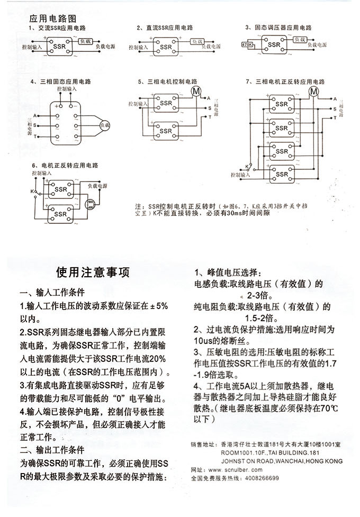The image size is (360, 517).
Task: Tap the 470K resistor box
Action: pyautogui.click(x=247, y=46)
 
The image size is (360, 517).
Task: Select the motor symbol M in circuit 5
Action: pyautogui.click(x=196, y=91)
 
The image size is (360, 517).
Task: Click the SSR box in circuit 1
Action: pyautogui.click(x=58, y=47)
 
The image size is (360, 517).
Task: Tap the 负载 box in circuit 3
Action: pyautogui.click(x=300, y=40)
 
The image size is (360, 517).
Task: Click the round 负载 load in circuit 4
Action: pyautogui.click(x=104, y=125)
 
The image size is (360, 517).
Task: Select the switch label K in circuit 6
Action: pyautogui.click(x=32, y=191)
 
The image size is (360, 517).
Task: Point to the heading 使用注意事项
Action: pyautogui.click(x=93, y=272)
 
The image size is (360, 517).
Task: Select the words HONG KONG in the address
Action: pyautogui.click(x=325, y=461)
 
